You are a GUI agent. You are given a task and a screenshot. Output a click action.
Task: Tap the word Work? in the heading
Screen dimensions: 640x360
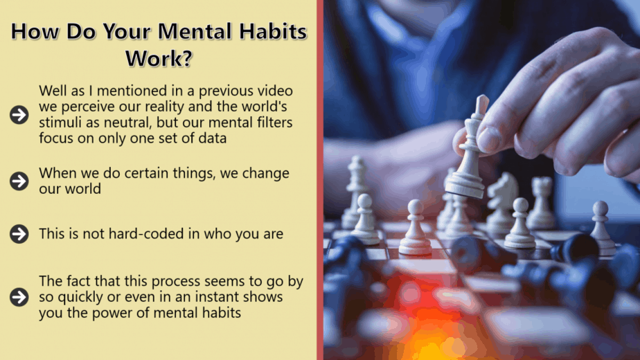[x=159, y=58]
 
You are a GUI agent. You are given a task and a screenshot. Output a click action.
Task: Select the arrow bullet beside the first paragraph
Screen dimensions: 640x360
[x=19, y=115]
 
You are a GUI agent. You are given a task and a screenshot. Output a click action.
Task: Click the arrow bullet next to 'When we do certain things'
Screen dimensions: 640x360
[x=19, y=181]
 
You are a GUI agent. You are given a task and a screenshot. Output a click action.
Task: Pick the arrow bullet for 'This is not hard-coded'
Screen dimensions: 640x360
[x=19, y=234]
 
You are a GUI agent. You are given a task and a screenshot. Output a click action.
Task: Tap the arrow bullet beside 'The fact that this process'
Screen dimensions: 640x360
[x=19, y=297]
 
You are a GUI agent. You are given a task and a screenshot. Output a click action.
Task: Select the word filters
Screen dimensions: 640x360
[x=275, y=123]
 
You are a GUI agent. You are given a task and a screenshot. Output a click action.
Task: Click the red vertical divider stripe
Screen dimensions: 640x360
[x=320, y=180]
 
